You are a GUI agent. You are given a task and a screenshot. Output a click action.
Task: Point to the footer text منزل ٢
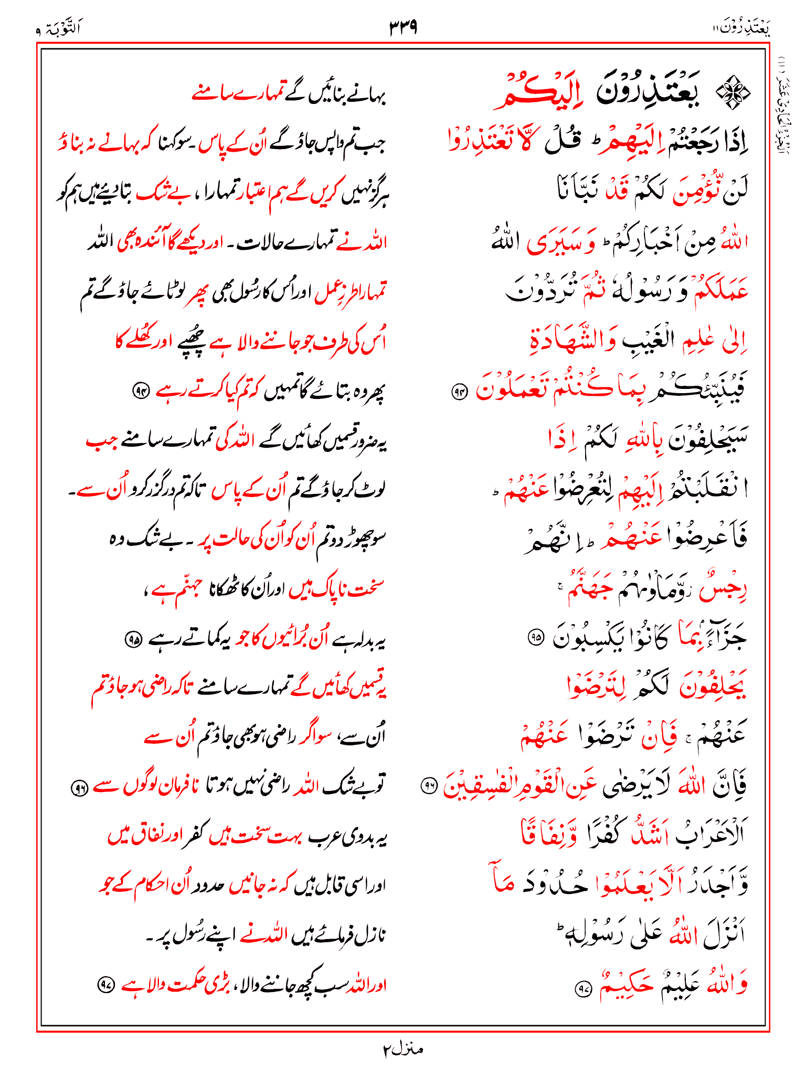coord(402,1049)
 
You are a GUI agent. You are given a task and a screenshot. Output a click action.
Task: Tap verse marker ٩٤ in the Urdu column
coord(141,391)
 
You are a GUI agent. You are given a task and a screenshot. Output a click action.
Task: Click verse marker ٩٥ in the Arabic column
coord(536,637)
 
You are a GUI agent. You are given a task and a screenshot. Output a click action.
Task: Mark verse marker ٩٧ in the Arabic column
coord(583,989)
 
